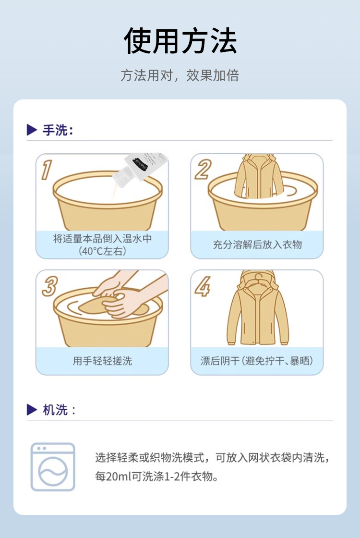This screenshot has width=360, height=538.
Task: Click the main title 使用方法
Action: click(x=180, y=41)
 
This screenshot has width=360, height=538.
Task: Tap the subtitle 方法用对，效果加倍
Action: click(x=180, y=75)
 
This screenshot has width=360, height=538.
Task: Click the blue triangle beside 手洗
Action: click(x=32, y=130)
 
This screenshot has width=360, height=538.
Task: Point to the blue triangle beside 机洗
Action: click(x=32, y=409)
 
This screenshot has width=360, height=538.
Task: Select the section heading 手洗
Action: click(x=58, y=130)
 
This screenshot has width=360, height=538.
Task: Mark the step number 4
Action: click(x=203, y=286)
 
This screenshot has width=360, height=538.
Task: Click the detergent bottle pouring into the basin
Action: click(x=141, y=170)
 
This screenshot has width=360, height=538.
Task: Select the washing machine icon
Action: click(x=53, y=467)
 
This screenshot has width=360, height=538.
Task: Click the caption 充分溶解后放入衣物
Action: click(x=257, y=245)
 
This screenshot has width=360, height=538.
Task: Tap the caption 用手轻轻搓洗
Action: click(x=102, y=361)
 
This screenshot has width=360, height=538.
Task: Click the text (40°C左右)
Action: click(x=102, y=251)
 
